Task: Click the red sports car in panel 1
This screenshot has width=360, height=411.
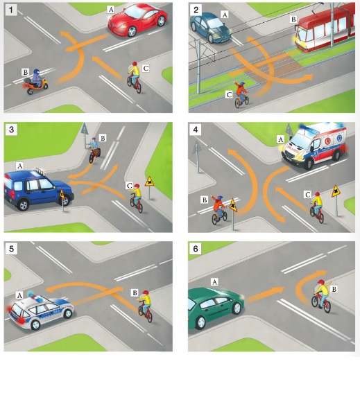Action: [137, 20]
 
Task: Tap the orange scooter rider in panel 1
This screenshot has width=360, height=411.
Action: [35, 82]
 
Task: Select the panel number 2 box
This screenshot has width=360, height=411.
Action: [196, 10]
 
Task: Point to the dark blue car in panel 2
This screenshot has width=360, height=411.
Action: [211, 28]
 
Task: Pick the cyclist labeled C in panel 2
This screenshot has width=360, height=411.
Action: [241, 94]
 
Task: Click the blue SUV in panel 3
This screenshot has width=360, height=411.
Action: [38, 189]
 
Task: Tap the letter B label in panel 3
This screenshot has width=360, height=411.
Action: [103, 138]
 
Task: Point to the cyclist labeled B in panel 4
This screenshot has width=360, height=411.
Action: [218, 210]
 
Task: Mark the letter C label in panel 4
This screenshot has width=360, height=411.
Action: [307, 195]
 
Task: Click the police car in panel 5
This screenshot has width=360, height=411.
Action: [41, 313]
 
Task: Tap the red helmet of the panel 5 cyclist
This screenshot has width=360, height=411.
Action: [145, 292]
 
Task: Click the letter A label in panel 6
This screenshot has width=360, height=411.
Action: [214, 282]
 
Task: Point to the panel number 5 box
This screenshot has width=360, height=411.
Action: [11, 249]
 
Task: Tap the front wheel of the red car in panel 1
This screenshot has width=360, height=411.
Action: [132, 32]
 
